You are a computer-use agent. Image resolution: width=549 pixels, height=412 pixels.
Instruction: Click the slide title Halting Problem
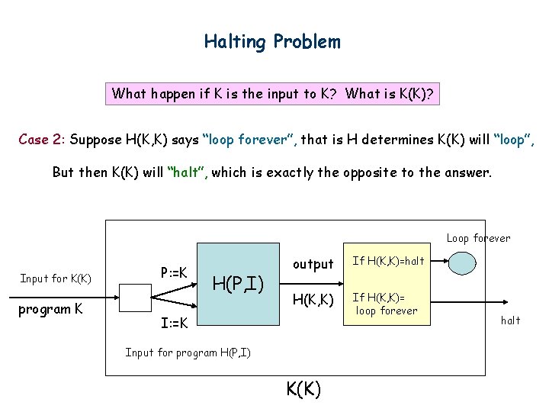point(272,41)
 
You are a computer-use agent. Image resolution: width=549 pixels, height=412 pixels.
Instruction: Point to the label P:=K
point(177,272)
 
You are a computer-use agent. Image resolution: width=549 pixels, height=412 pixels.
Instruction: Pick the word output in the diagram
point(313,264)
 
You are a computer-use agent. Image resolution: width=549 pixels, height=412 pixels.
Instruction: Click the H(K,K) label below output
point(313,301)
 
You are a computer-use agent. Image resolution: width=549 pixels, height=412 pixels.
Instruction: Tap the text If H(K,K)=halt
point(388,262)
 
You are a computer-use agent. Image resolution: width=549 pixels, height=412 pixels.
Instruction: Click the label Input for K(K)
point(56,278)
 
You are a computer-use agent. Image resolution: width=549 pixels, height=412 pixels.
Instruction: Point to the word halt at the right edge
point(510,320)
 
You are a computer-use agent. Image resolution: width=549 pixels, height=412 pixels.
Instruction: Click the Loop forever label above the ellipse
point(478,238)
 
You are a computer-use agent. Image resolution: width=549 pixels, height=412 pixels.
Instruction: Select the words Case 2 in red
point(42,140)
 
